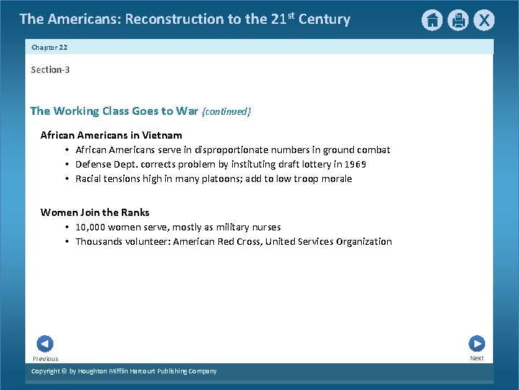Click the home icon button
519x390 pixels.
click(x=432, y=20)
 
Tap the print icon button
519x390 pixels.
click(x=458, y=20)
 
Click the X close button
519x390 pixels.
click(x=484, y=20)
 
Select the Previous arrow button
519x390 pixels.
click(x=45, y=344)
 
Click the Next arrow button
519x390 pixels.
click(x=476, y=344)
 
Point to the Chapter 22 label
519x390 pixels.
click(x=49, y=47)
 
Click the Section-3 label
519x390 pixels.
click(x=50, y=69)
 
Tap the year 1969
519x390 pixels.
click(x=355, y=164)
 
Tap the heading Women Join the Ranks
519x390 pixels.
click(x=94, y=212)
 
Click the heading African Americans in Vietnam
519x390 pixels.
click(x=111, y=135)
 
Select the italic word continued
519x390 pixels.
click(x=226, y=111)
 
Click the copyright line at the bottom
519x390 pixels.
click(x=123, y=371)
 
